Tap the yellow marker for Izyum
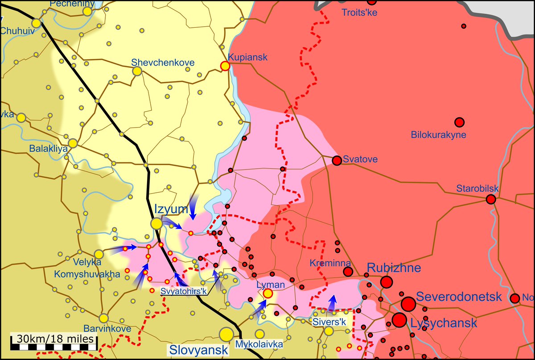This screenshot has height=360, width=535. pyautogui.click(x=156, y=223)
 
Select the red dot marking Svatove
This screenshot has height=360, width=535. pyautogui.click(x=337, y=160)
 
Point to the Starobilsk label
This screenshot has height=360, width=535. pyautogui.click(x=477, y=189)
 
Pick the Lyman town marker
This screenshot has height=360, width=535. pyautogui.click(x=267, y=293)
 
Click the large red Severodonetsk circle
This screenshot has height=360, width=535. pyautogui.click(x=408, y=304)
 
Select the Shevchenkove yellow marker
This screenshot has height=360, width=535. pyautogui.click(x=137, y=71)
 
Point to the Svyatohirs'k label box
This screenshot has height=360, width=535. pyautogui.click(x=185, y=292)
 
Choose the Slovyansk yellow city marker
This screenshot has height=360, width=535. pyautogui.click(x=226, y=334)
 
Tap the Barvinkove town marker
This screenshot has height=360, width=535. pyautogui.click(x=103, y=318)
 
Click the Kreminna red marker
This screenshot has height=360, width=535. pyautogui.click(x=348, y=272)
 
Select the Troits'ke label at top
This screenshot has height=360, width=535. pyautogui.click(x=359, y=12)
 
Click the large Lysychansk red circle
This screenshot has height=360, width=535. pyautogui.click(x=399, y=320)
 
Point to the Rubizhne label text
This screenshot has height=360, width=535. pyautogui.click(x=394, y=268)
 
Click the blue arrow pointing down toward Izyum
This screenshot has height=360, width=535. pyautogui.click(x=193, y=208)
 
